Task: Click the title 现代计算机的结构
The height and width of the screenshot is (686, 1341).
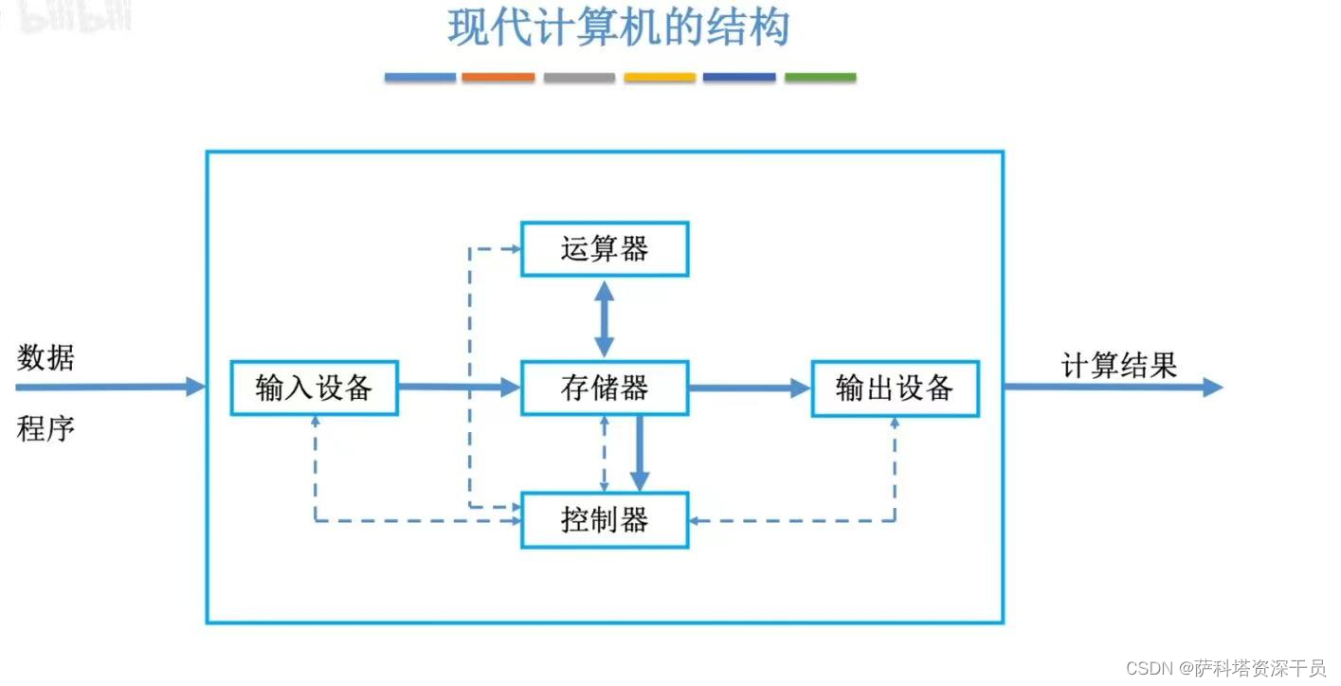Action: pyautogui.click(x=618, y=28)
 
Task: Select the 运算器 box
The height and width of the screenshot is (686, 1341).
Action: pyautogui.click(x=605, y=249)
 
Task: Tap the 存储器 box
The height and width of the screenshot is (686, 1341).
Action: pyautogui.click(x=605, y=388)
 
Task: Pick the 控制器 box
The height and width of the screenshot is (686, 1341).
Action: pyautogui.click(x=605, y=520)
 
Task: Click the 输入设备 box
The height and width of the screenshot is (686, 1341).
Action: pyautogui.click(x=314, y=388)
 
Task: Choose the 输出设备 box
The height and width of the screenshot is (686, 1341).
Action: pyautogui.click(x=895, y=388)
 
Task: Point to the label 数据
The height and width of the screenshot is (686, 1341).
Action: pyautogui.click(x=45, y=358)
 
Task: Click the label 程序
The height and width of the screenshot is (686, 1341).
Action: pyautogui.click(x=45, y=429)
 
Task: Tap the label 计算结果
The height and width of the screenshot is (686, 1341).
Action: pyautogui.click(x=1118, y=365)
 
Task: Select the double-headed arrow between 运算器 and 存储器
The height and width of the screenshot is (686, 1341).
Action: pyautogui.click(x=605, y=318)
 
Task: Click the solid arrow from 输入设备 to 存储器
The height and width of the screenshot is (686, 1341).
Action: pyautogui.click(x=459, y=387)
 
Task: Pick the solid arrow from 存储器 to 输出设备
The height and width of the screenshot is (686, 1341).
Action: pyautogui.click(x=749, y=388)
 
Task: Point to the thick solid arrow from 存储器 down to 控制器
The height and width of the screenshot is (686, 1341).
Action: pyautogui.click(x=640, y=453)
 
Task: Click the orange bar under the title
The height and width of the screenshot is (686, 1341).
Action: pyautogui.click(x=498, y=78)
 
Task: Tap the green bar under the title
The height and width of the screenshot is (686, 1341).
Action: pyautogui.click(x=820, y=78)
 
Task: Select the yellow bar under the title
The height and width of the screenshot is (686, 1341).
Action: pyautogui.click(x=660, y=78)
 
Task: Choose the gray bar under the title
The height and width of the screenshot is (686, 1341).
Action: pyautogui.click(x=579, y=78)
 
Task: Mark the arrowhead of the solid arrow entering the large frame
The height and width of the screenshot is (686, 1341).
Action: pyautogui.click(x=196, y=387)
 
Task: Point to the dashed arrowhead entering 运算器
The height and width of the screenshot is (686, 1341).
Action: pyautogui.click(x=516, y=249)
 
